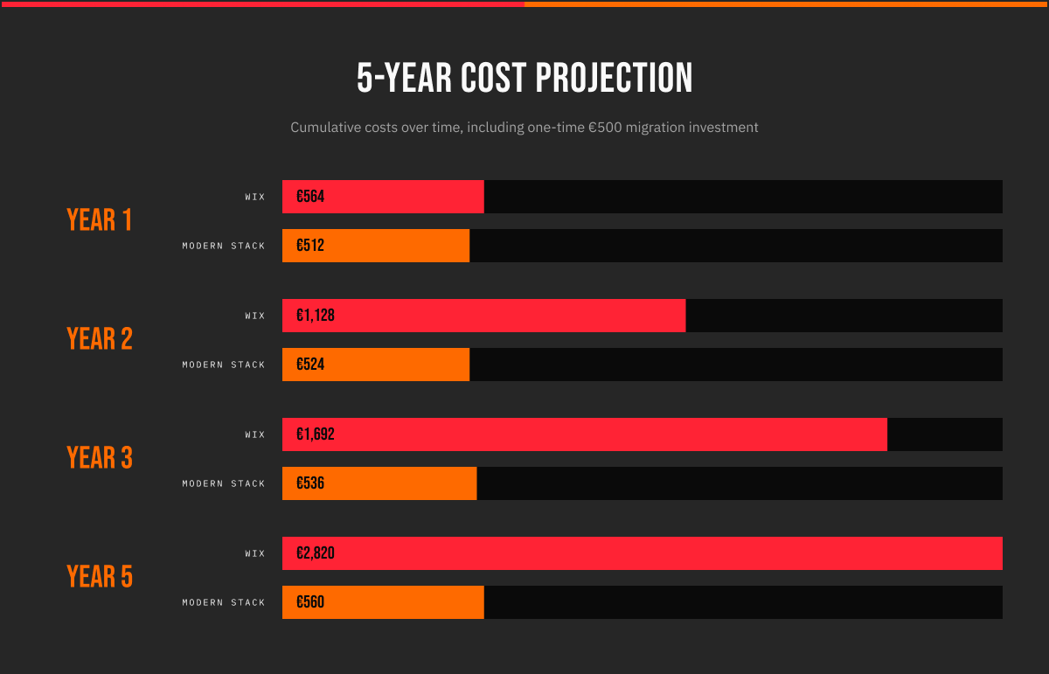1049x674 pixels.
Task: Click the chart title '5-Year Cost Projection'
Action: point(524,79)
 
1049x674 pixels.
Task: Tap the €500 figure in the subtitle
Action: point(604,128)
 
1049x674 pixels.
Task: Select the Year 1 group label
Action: point(100,220)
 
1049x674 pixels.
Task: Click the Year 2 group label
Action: point(100,339)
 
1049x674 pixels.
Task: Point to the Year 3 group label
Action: point(100,458)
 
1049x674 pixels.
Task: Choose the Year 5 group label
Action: point(100,577)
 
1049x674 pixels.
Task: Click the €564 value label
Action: point(310,197)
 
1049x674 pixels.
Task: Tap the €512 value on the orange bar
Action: point(310,246)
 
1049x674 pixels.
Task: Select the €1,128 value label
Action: point(316,316)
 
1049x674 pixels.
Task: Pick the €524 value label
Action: point(310,365)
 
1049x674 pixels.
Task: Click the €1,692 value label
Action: point(316,434)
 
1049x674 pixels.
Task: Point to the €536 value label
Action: point(310,483)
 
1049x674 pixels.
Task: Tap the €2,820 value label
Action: point(316,553)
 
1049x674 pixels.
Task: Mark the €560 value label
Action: point(310,602)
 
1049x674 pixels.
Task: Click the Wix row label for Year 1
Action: point(255,197)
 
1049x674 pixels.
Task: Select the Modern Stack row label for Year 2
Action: point(224,365)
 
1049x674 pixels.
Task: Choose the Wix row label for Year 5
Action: point(255,553)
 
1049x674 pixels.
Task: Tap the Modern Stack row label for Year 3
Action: point(224,483)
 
